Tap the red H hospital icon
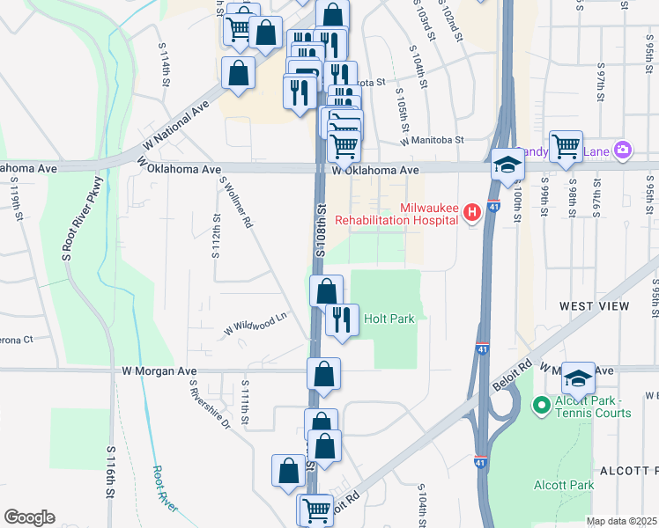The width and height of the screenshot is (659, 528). [x=472, y=212]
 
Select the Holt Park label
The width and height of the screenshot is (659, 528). [x=389, y=319]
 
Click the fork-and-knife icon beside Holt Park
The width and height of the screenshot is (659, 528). [x=342, y=320]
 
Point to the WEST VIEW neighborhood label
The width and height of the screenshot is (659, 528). [x=595, y=305]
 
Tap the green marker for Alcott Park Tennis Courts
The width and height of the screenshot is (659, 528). [x=543, y=406]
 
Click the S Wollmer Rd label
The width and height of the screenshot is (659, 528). [x=237, y=204]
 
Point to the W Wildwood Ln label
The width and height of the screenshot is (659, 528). [x=256, y=324]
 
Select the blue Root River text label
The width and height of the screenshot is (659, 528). [x=165, y=488]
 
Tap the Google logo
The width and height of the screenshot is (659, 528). [x=29, y=517]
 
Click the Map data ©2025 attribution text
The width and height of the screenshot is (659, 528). [x=621, y=521]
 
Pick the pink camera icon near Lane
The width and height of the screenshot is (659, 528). [x=624, y=151]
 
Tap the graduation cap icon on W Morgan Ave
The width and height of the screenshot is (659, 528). [x=578, y=378]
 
